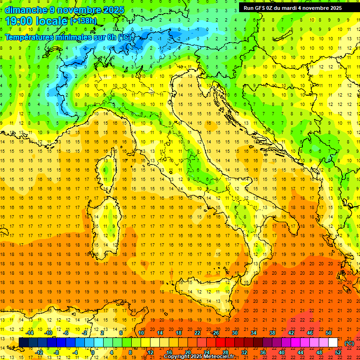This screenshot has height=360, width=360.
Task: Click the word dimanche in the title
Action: [x=25, y=10]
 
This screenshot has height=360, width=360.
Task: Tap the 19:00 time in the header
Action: [x=19, y=21]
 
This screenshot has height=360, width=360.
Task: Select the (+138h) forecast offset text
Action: [x=83, y=21]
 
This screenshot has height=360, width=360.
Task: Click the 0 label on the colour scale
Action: [x=93, y=352]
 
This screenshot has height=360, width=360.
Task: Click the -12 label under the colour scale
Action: [x=39, y=352]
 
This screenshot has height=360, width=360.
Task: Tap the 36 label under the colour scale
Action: [x=263, y=352]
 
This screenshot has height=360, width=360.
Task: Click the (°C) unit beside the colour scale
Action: [x=349, y=343]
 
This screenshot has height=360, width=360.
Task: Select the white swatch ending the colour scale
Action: [x=333, y=343]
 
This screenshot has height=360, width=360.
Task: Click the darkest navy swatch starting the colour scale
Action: [x=23, y=343]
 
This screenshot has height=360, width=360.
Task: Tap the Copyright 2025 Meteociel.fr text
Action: [x=199, y=357]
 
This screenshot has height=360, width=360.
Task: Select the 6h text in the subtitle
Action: [x=111, y=37]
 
